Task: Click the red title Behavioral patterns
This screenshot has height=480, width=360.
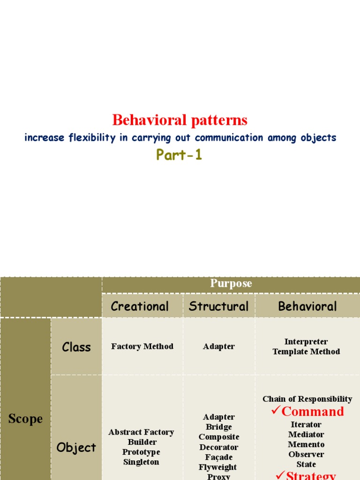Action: coord(180,120)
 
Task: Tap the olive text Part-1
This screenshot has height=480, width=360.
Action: coord(180,155)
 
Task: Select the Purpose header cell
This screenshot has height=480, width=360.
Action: coord(231,284)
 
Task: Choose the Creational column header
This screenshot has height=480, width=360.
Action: coord(140,306)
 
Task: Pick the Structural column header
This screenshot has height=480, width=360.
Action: coord(218,306)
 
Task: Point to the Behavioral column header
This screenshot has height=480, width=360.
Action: coord(307,306)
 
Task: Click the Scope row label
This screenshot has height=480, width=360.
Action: coord(25,419)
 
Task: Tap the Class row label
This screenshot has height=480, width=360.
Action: coord(76,347)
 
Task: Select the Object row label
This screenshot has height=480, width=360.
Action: coord(76,447)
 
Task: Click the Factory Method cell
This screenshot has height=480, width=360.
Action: coord(142,346)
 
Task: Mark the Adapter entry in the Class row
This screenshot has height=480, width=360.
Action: coord(219,346)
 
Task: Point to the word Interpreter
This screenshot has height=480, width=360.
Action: coord(306,342)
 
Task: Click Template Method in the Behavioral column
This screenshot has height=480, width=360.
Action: coord(306,352)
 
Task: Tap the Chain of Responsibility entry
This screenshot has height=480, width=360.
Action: coord(307,399)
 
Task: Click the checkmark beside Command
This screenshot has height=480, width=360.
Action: coord(276,411)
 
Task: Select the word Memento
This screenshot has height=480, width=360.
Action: coord(306,444)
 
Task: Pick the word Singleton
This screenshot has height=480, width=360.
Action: coord(141,462)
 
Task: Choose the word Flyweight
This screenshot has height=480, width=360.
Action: coord(218,467)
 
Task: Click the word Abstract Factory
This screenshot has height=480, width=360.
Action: coord(141,432)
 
